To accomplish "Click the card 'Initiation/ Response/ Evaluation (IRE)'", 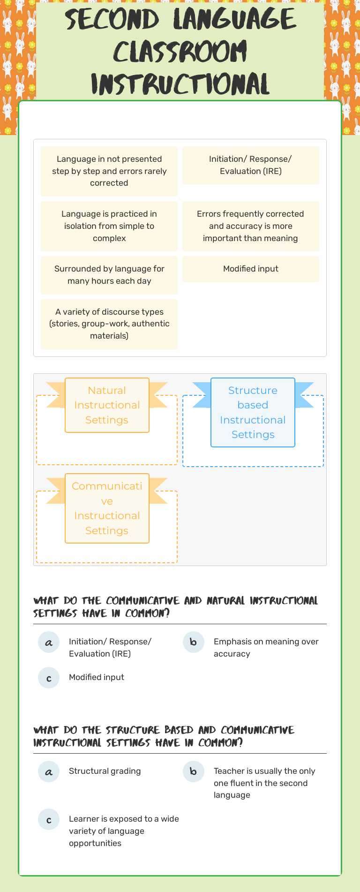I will (x=250, y=165).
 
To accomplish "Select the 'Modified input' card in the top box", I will (x=250, y=269).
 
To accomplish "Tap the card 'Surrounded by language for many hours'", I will (x=109, y=275).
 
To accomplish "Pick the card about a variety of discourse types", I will (x=109, y=324).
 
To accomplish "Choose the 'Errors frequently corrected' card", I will (x=250, y=226).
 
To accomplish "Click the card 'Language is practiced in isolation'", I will (x=109, y=226).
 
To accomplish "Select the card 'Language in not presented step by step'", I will (x=109, y=171).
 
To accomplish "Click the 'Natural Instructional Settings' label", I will (x=107, y=405).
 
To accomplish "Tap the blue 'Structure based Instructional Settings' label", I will (x=253, y=412).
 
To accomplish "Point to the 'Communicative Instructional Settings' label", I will (x=107, y=508).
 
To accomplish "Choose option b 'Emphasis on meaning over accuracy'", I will (x=266, y=647).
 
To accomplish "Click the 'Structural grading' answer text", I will (x=105, y=771).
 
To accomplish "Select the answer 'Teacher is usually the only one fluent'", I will (x=264, y=783).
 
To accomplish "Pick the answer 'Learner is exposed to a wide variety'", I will (x=124, y=831).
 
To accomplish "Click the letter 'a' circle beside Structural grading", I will (x=49, y=771).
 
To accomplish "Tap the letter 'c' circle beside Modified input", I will (x=49, y=678).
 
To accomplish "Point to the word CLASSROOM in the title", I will (x=180, y=52).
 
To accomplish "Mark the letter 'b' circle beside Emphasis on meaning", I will (x=193, y=642).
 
